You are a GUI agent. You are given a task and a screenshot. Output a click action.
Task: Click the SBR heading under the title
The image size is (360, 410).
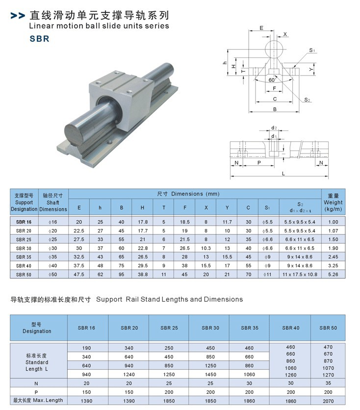(x=39, y=38)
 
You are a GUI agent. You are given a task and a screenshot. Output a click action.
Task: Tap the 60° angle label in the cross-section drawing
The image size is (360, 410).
(x=271, y=79)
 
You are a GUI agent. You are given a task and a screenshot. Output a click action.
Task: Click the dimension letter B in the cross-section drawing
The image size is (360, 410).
(x=275, y=109)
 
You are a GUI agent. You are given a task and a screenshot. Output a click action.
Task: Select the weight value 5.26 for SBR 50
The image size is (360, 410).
(x=333, y=274)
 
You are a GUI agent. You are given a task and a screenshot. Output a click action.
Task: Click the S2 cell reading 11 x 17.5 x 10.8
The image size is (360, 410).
(x=300, y=274)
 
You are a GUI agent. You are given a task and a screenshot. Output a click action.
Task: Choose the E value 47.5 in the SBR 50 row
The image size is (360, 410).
(x=79, y=274)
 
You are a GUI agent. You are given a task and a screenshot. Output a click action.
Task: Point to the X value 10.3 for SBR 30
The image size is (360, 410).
(x=206, y=248)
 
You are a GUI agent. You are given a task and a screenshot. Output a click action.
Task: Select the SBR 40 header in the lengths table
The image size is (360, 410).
(x=291, y=328)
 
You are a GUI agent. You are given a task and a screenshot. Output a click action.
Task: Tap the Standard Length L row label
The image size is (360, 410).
(x=37, y=362)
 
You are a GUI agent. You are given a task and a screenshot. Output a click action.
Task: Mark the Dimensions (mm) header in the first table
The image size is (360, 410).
(x=189, y=194)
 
